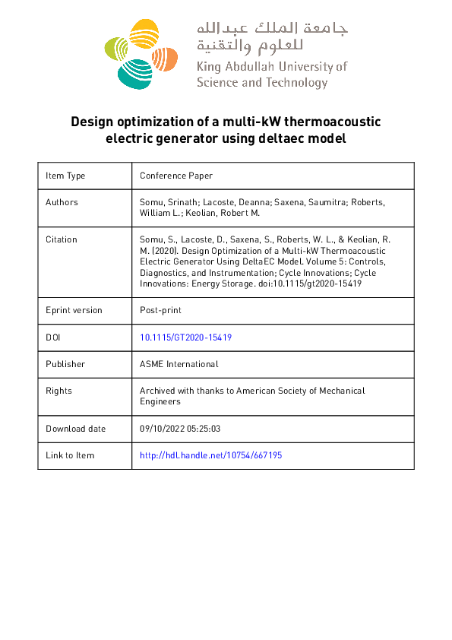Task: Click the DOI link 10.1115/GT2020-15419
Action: point(185,337)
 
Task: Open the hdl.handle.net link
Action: point(211,455)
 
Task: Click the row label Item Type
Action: point(65,176)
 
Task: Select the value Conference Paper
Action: point(176,176)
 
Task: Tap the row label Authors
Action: point(62,202)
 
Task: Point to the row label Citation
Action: point(62,239)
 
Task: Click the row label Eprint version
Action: point(74,310)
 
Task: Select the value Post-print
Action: point(160,310)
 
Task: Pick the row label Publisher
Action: point(65,364)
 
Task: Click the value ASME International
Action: point(179,364)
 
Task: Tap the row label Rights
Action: point(59,391)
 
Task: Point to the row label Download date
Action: point(76,429)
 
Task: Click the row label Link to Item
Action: point(70,455)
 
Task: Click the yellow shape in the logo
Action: point(144,34)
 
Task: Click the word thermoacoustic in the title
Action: point(333,122)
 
